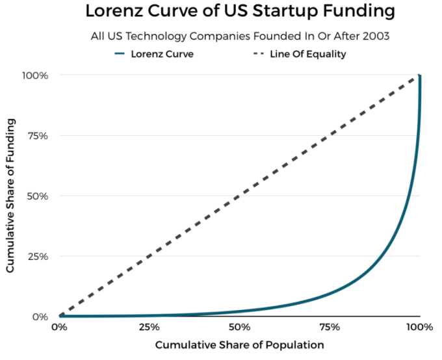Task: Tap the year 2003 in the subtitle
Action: click(376, 36)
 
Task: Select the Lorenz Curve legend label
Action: click(162, 54)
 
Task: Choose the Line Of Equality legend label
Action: click(307, 54)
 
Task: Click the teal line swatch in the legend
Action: click(119, 54)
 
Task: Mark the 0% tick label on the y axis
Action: click(41, 316)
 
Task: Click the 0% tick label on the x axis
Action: click(59, 327)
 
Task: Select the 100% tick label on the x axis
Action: click(419, 327)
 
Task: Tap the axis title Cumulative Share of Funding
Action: click(11, 196)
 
